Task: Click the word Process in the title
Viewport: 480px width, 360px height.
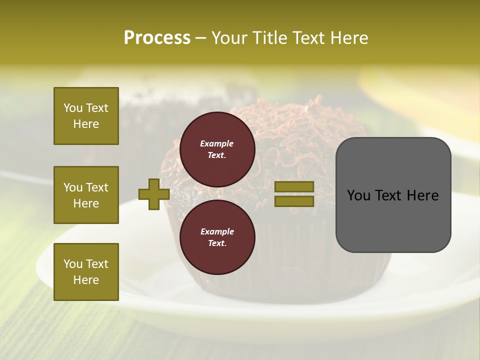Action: (x=157, y=38)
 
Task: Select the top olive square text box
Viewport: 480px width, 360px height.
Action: (x=86, y=116)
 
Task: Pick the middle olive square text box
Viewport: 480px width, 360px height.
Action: (x=86, y=195)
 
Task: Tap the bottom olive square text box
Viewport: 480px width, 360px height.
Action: (x=86, y=272)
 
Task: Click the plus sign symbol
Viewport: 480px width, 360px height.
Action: (x=153, y=194)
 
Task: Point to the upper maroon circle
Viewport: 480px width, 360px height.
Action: (x=217, y=149)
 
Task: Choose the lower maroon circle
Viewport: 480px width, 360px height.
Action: (x=217, y=237)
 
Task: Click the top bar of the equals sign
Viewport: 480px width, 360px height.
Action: (x=294, y=187)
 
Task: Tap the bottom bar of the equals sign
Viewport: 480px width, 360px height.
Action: (x=294, y=201)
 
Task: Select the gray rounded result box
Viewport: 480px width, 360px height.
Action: (x=393, y=194)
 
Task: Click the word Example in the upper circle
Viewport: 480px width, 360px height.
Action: (x=217, y=143)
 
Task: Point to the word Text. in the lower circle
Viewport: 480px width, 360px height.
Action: (x=217, y=243)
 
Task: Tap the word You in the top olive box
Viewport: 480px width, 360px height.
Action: (x=73, y=108)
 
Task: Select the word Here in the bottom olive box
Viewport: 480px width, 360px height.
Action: (x=86, y=280)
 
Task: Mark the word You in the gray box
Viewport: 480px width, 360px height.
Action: (x=358, y=195)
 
